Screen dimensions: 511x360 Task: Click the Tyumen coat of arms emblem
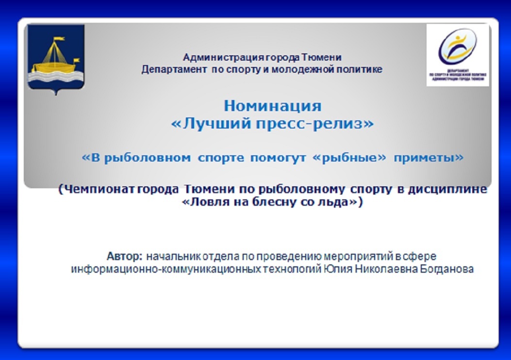(56, 59)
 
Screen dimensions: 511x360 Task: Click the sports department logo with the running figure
(458, 55)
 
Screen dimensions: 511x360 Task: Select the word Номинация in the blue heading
(272, 106)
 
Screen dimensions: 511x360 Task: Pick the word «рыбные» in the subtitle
(349, 158)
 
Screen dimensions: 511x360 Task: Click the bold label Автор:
(125, 256)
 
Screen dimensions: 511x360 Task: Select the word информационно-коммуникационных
(166, 269)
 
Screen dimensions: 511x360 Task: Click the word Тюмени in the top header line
(321, 57)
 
